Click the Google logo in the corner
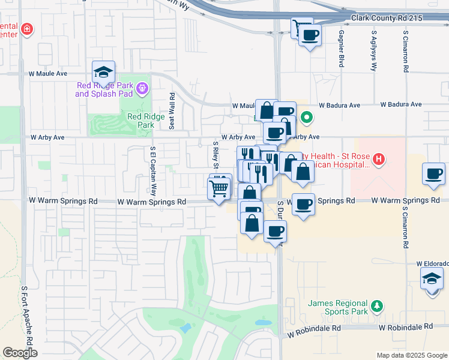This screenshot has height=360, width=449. (x=20, y=353)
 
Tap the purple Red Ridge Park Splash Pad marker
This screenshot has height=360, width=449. (x=142, y=89)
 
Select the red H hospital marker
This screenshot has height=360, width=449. (x=378, y=159)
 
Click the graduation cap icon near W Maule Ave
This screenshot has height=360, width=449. (x=104, y=72)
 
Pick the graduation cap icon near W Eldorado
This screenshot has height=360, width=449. (x=432, y=279)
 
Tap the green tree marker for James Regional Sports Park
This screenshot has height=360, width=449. (x=376, y=307)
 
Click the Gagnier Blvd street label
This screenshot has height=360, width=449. (x=341, y=48)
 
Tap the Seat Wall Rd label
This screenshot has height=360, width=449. (x=172, y=111)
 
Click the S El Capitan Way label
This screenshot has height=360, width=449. (x=153, y=172)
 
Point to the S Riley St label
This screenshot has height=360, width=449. (x=216, y=155)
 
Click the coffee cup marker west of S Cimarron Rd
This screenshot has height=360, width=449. (x=433, y=174)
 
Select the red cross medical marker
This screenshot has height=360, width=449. (x=26, y=29)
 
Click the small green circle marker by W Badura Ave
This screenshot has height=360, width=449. (x=306, y=118)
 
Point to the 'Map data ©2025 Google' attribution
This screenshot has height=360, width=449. (x=411, y=355)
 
